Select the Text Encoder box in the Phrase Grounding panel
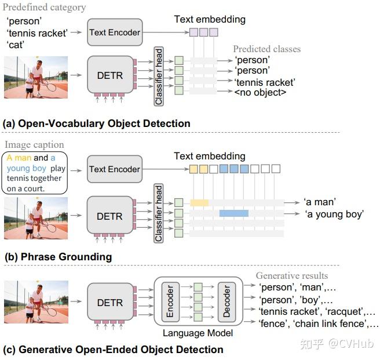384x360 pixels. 114,169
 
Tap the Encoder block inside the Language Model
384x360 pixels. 170,302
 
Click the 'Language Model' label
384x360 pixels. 198,333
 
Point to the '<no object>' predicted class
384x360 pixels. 261,92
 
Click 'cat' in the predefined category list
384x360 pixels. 17,44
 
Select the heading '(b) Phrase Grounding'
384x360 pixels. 58,257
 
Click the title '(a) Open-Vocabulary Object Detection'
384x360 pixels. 96,123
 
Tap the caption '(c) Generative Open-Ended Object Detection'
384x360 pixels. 113,350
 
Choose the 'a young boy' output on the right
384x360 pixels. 334,214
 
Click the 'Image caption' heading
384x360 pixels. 34,144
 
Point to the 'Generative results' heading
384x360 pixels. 292,275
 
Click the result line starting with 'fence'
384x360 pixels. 319,323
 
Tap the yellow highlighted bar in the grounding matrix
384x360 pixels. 199,202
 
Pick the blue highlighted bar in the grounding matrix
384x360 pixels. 234,213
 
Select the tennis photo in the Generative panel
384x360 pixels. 36,302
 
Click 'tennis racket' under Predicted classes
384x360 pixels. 265,82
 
